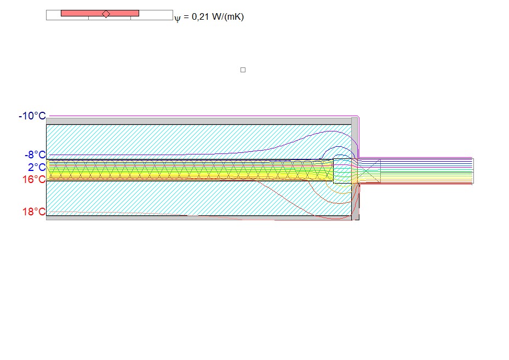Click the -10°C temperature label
pos(32,116)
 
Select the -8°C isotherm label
pos(36,155)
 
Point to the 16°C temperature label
pos(34,179)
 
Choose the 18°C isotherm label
pos(34,212)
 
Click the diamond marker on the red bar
pos(106,14)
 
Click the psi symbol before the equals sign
pos(177,19)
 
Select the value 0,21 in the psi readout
pos(200,16)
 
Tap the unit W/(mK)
pos(227,16)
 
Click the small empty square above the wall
pos(243,70)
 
